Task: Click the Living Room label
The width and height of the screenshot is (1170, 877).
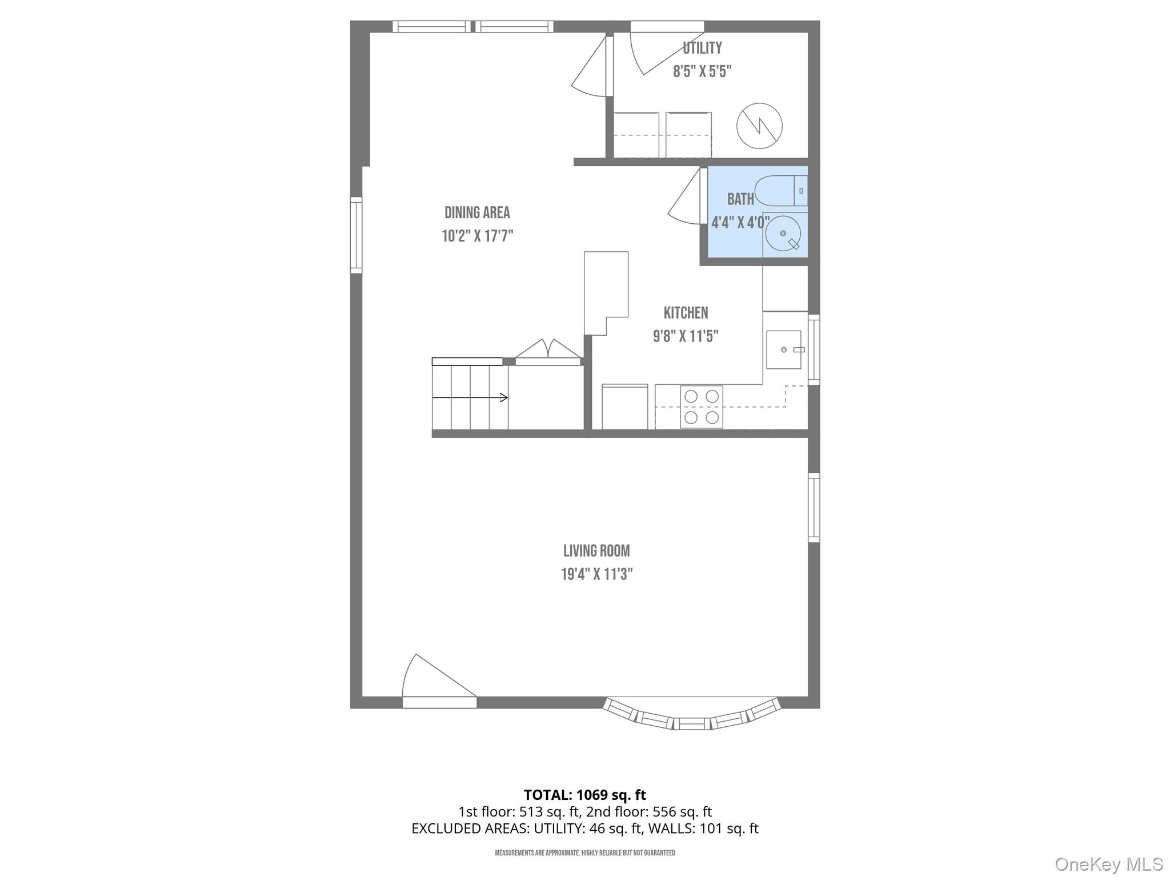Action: coord(596,550)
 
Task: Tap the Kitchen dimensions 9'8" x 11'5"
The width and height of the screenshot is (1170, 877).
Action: coord(685,336)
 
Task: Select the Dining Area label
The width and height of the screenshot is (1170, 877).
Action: coord(477,212)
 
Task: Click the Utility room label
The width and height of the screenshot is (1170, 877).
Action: coord(702,48)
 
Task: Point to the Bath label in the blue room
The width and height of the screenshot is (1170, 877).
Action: coord(740,199)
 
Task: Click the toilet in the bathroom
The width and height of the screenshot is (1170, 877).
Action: coord(780,191)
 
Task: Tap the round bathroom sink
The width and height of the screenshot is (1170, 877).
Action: coord(783,234)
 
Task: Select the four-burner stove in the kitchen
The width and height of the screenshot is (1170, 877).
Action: coord(701,407)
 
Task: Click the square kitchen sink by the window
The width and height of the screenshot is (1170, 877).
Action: coord(783,349)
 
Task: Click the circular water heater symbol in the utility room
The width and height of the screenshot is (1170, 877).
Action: coord(759,126)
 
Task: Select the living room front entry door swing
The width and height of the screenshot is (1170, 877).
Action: coord(434,679)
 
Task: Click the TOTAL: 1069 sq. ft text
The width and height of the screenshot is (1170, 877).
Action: coord(584,794)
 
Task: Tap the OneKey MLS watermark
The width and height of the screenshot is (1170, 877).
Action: coord(1108,864)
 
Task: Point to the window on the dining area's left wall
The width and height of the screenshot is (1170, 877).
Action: coord(356,235)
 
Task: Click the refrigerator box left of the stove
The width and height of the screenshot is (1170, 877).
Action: coord(624,407)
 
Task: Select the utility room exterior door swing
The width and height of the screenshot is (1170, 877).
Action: coord(657,51)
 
